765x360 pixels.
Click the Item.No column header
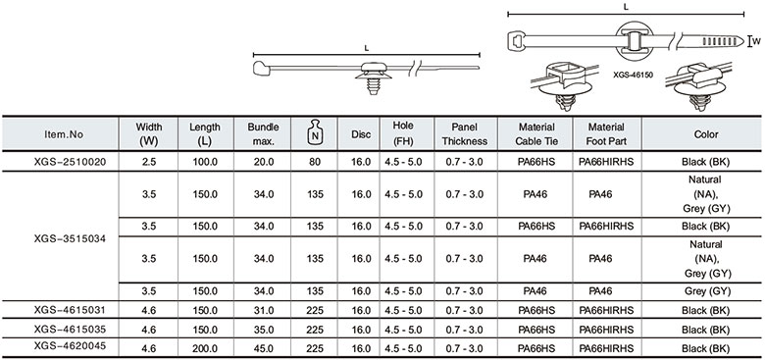coord(61,133)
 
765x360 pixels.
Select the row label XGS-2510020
coord(70,161)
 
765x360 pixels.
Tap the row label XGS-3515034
coord(70,239)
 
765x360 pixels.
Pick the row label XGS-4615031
coord(70,309)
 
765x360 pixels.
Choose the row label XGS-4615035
coord(70,328)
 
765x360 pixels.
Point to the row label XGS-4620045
coord(70,345)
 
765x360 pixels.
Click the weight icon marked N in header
coord(315,133)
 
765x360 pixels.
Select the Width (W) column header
coord(149,133)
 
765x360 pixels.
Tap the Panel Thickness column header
coord(465,133)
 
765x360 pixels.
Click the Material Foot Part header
coord(606,133)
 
